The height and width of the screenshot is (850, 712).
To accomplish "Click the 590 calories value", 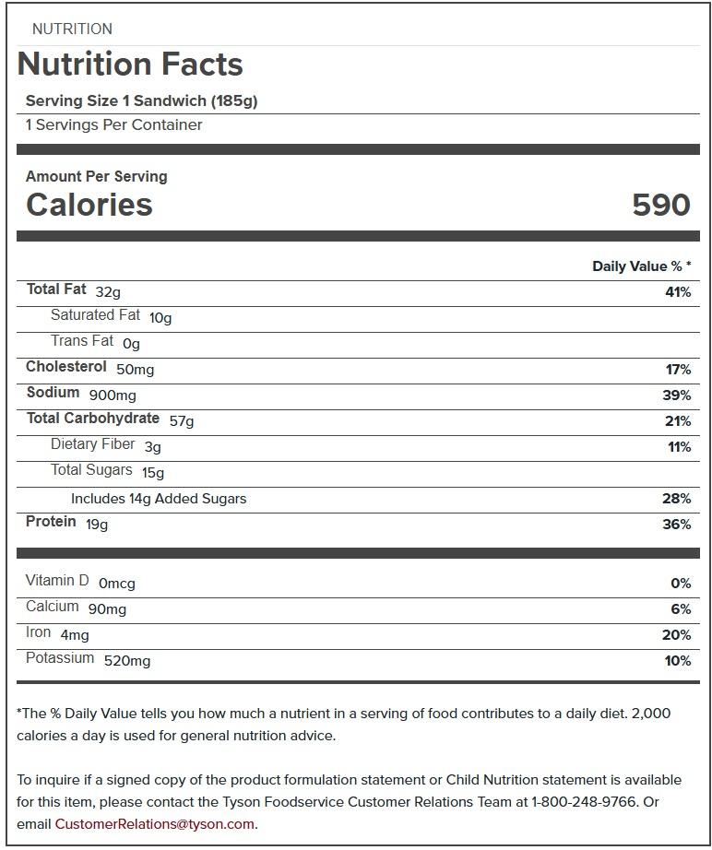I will tap(660, 205).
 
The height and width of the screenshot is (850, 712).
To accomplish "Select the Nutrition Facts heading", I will tap(130, 65).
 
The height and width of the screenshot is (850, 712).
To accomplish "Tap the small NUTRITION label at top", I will tap(72, 29).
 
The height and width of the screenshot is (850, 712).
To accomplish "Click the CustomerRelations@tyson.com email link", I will tap(154, 824).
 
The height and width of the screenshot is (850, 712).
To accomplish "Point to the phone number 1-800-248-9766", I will tap(583, 802).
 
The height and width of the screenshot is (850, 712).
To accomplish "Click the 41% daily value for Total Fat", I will tap(677, 292).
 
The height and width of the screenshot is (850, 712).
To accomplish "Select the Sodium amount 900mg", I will tap(113, 395).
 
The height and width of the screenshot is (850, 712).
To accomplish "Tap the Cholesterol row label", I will tap(66, 367).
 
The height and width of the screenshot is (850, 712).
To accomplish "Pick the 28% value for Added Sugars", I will tap(676, 499).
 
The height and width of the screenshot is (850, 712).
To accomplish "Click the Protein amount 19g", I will tap(97, 525).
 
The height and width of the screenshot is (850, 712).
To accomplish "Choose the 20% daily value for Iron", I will tap(676, 635).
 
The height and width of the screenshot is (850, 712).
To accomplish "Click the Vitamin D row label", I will tap(57, 581).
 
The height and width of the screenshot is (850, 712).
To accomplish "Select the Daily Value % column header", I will tap(641, 266).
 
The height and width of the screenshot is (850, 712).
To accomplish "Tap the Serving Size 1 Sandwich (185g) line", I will tap(142, 101).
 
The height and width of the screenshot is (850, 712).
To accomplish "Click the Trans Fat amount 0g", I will tap(131, 344).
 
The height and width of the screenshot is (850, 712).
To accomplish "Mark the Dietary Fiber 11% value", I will tap(679, 447).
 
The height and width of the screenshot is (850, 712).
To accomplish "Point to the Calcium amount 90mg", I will tap(107, 609).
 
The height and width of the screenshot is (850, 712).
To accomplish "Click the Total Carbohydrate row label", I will tap(92, 419).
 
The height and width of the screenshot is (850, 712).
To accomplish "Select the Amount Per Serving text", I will tap(97, 176).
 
